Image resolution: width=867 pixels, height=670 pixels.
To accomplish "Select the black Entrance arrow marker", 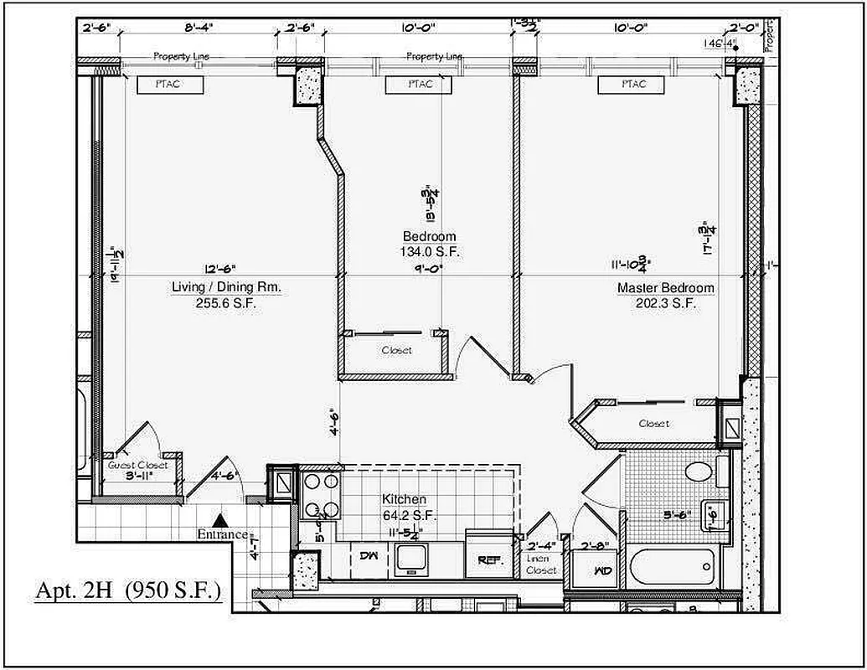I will click(219, 521).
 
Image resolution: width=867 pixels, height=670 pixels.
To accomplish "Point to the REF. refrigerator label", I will click(489, 559).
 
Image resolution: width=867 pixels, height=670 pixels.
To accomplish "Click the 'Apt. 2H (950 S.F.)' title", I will click(127, 590).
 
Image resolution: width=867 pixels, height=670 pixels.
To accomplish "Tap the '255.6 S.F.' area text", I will click(225, 303).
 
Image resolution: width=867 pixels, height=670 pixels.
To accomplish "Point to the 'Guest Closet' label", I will click(138, 465).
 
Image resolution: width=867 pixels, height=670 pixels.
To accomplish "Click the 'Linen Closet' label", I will click(541, 564).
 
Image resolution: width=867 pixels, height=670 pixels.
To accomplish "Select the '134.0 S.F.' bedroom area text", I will click(430, 250).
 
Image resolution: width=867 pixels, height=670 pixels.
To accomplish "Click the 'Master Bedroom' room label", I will click(665, 289).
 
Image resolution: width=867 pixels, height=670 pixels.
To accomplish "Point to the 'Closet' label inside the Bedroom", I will click(396, 350).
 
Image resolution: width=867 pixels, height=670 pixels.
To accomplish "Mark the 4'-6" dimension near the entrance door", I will click(224, 476).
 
